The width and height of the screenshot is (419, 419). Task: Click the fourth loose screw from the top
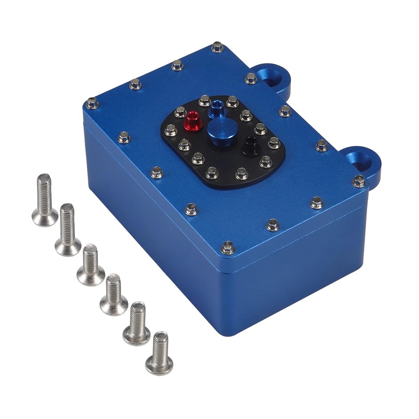pyautogui.click(x=112, y=293)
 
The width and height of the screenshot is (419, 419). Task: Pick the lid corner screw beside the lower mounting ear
pyautogui.click(x=358, y=181)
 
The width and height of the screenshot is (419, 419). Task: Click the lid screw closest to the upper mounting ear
pyautogui.click(x=250, y=78)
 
